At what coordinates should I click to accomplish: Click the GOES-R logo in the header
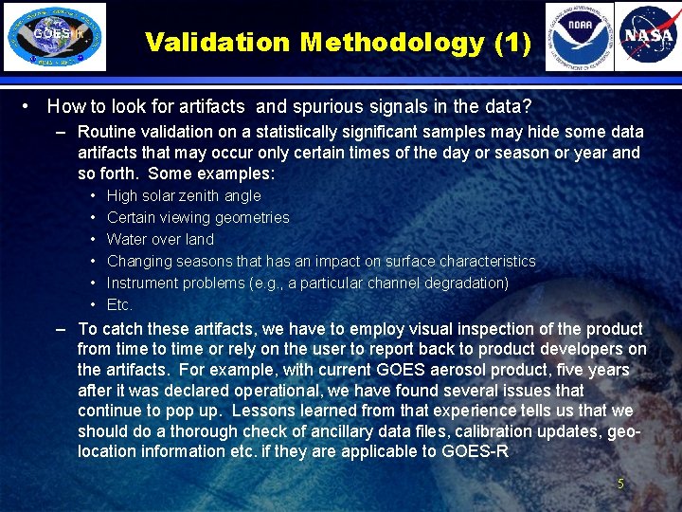pyautogui.click(x=55, y=37)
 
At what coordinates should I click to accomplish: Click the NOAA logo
pyautogui.click(x=579, y=37)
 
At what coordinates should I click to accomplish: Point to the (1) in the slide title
pyautogui.click(x=511, y=43)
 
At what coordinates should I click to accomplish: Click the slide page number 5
pyautogui.click(x=620, y=484)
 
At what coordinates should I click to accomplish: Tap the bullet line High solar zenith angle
pyautogui.click(x=184, y=196)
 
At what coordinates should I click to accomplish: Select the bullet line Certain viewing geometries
pyautogui.click(x=198, y=218)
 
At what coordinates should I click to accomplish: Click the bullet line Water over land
pyautogui.click(x=160, y=240)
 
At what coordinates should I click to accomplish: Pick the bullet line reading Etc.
pyautogui.click(x=119, y=305)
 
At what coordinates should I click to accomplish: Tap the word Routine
pyautogui.click(x=108, y=132)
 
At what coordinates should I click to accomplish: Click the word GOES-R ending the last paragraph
pyautogui.click(x=476, y=451)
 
